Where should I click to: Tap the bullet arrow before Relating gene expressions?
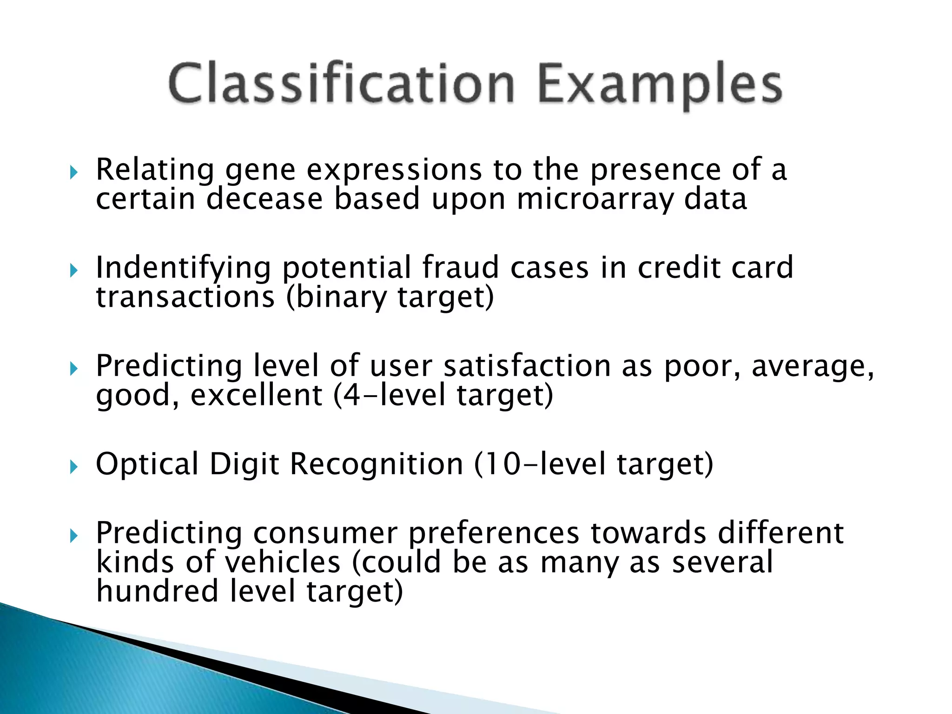[x=74, y=173]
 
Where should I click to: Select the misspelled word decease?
[x=264, y=199]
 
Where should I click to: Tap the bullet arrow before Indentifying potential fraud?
[x=74, y=271]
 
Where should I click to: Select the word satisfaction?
[x=527, y=366]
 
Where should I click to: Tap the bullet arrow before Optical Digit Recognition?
[x=74, y=466]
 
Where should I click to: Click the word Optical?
[x=147, y=464]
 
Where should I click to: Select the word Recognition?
[x=377, y=464]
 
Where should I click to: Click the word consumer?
[x=325, y=533]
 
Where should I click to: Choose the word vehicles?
[x=283, y=562]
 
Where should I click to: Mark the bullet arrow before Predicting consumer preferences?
[x=74, y=536]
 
